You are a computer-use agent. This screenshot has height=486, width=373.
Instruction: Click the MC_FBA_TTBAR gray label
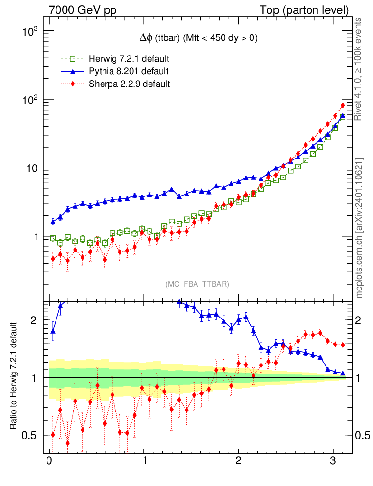pyautogui.click(x=197, y=284)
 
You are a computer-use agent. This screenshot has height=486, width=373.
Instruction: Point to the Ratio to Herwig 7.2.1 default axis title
pyautogui.click(x=15, y=376)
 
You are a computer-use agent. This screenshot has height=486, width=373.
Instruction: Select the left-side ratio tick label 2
pyautogui.click(x=33, y=320)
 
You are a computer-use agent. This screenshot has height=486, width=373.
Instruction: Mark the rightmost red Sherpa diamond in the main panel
pyautogui.click(x=343, y=105)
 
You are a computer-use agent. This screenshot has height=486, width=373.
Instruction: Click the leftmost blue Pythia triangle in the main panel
pyautogui.click(x=53, y=222)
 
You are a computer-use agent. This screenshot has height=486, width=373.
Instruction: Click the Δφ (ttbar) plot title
pyautogui.click(x=196, y=38)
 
